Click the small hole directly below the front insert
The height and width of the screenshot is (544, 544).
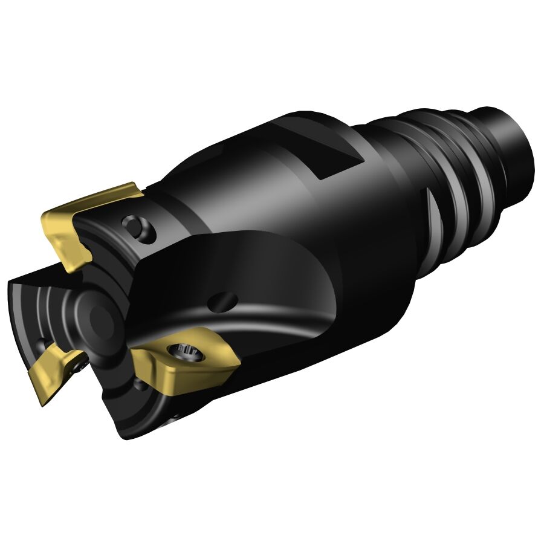point(140,383)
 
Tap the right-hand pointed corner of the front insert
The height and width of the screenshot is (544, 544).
point(239,362)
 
